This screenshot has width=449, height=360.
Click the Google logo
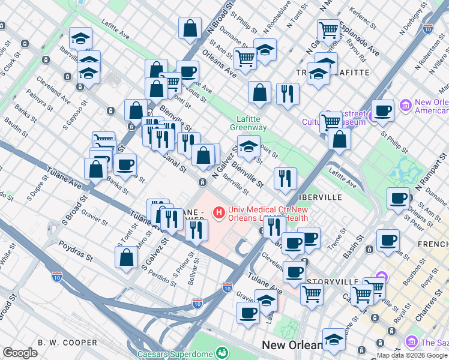pos(20,353)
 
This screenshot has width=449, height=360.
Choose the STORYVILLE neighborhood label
pos(328,281)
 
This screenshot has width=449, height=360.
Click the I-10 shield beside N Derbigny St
pos(427,28)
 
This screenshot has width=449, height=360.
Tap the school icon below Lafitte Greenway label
pos(248,146)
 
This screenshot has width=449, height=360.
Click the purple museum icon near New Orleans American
pos(405,106)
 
